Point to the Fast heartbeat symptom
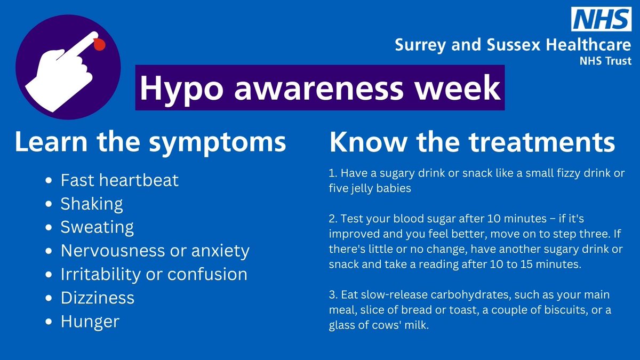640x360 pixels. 119,180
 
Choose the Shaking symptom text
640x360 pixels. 92,204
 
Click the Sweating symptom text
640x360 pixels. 97,227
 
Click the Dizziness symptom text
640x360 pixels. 98,298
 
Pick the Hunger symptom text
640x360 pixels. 90,322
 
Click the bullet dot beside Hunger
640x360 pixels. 50,322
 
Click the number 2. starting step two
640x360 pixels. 333,219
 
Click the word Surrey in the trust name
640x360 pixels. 418,45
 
